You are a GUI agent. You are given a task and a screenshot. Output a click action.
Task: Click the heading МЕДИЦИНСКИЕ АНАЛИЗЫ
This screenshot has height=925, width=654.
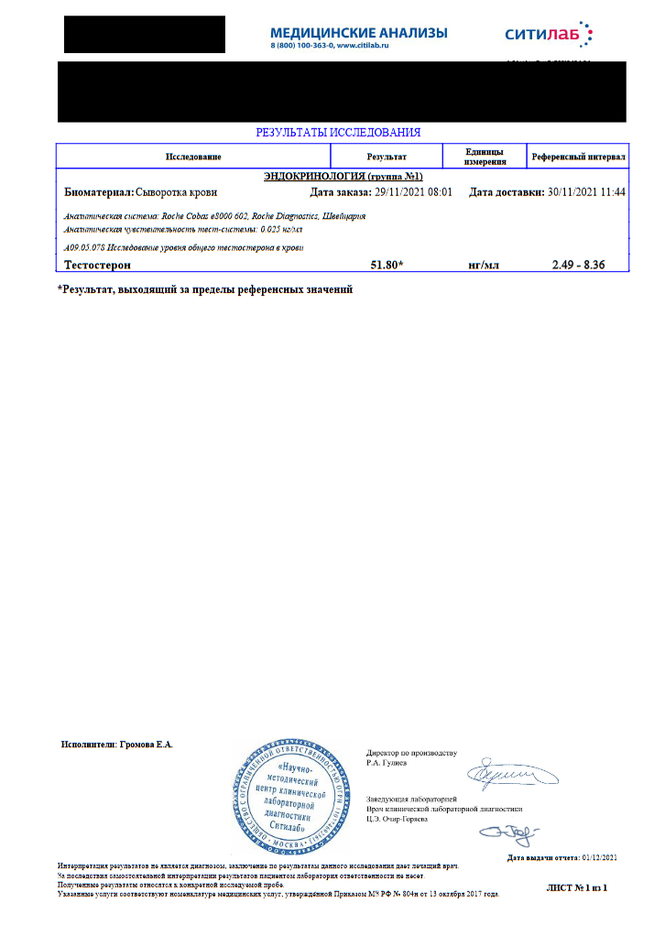(359, 33)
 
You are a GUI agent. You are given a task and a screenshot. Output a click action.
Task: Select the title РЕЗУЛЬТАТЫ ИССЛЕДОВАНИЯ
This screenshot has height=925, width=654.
(338, 133)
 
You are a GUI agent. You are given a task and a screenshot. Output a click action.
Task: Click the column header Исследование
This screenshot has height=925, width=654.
(193, 157)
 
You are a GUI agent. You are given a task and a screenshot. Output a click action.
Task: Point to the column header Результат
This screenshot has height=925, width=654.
(387, 157)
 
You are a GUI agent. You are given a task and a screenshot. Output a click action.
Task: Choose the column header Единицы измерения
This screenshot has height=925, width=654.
(485, 157)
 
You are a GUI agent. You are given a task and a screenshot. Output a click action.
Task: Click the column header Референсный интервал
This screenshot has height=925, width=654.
(579, 157)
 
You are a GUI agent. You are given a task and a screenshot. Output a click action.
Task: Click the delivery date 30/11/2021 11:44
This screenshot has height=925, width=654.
(586, 192)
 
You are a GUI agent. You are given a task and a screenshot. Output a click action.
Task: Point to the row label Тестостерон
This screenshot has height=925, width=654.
(98, 265)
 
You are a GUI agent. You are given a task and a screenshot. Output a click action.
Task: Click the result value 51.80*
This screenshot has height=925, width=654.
(387, 265)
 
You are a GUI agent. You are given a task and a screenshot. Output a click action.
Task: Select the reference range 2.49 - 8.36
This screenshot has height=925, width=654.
(578, 265)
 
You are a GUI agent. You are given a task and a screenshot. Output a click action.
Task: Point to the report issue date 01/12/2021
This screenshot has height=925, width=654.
(596, 857)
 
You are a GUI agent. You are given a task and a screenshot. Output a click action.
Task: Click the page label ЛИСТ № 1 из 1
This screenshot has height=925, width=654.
(576, 887)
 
